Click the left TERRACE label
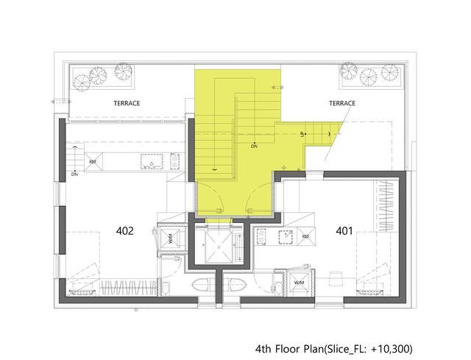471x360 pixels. click(127, 103)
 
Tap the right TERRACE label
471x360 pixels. click(342, 103)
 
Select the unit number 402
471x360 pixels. click(124, 230)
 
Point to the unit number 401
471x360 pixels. click(344, 230)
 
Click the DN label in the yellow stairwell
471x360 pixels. click(254, 147)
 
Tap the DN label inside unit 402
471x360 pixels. click(74, 174)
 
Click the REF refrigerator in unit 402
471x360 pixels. click(93, 162)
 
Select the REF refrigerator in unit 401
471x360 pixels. click(306, 236)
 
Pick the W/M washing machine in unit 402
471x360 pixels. click(170, 241)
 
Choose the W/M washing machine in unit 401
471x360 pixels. click(299, 283)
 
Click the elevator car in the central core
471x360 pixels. click(219, 247)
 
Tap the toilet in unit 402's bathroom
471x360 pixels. click(201, 285)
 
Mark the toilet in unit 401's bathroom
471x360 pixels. click(237, 285)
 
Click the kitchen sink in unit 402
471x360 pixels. click(152, 162)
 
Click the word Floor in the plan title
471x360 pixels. click(287, 349)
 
